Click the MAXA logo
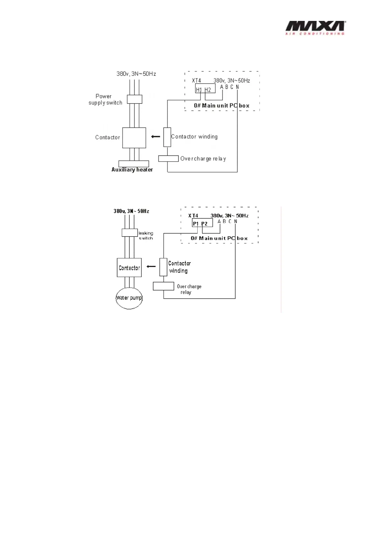(x=315, y=28)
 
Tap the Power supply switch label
(x=105, y=99)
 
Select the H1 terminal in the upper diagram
(x=199, y=90)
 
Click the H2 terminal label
(x=208, y=90)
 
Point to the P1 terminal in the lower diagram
(x=196, y=224)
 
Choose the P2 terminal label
(x=204, y=224)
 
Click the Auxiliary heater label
(x=132, y=170)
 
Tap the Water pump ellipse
(x=129, y=298)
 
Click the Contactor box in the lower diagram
(x=129, y=268)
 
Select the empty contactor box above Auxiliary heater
(x=134, y=138)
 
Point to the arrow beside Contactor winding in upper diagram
(x=156, y=136)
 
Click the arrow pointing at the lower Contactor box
(x=151, y=266)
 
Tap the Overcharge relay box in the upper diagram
(x=168, y=158)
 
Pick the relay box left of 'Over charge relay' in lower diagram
(x=163, y=286)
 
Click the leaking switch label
(x=146, y=236)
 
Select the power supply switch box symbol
(x=135, y=99)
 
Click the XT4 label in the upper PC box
(x=196, y=80)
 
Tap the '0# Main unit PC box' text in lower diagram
(x=219, y=238)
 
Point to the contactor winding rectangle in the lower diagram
(x=163, y=267)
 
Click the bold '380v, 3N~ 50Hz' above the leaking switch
(x=131, y=211)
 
